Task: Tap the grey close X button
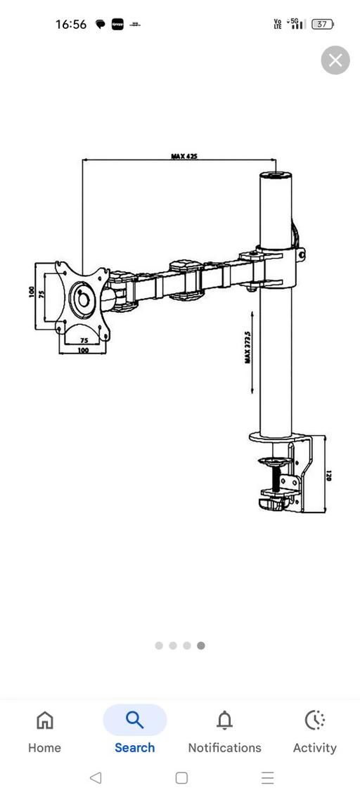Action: coord(335,60)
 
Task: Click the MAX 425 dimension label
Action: coord(184,156)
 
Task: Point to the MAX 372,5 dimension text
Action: coord(248,347)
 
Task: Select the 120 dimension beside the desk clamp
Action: coord(328,475)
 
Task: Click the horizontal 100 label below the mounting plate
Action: coord(83,350)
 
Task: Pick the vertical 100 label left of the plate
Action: coord(32,292)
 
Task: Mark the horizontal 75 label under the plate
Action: coord(84,340)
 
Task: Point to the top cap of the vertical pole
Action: coord(276,176)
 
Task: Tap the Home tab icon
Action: coord(44,721)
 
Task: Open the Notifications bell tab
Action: coord(224,721)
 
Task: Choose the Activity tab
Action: coord(314,721)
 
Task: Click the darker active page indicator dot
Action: coord(201,645)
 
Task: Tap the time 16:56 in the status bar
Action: coord(71,25)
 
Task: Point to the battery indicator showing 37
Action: coord(322,25)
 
